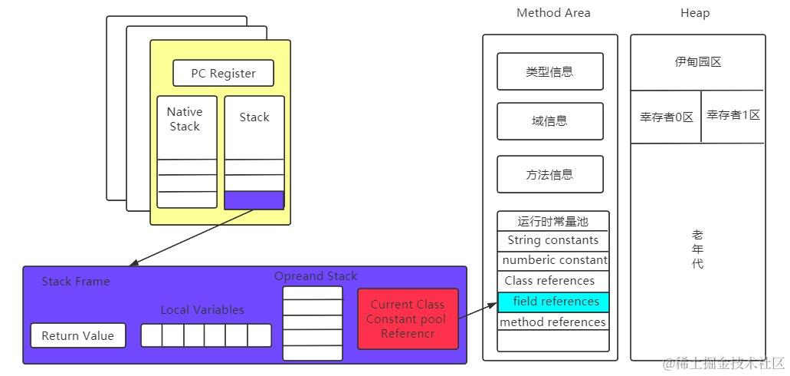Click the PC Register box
pyautogui.click(x=222, y=74)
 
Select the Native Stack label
pyautogui.click(x=185, y=119)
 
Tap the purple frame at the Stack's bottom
pyautogui.click(x=254, y=200)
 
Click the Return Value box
pyautogui.click(x=78, y=335)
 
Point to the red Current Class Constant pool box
pyautogui.click(x=408, y=319)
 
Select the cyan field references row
pyautogui.click(x=553, y=302)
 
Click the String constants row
pyautogui.click(x=553, y=240)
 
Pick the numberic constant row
pyautogui.click(x=553, y=260)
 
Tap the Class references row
pyautogui.click(x=550, y=281)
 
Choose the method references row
pyautogui.click(x=553, y=322)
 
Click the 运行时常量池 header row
pyautogui.click(x=553, y=221)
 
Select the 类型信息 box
pyautogui.click(x=550, y=71)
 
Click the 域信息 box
pyautogui.click(x=550, y=121)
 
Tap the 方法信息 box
pyautogui.click(x=550, y=174)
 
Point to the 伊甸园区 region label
pyautogui.click(x=697, y=62)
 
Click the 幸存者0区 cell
pyautogui.click(x=666, y=117)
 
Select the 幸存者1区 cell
pyautogui.click(x=733, y=115)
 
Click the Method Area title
pyautogui.click(x=553, y=13)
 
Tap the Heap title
pyautogui.click(x=695, y=13)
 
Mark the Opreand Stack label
pyautogui.click(x=316, y=276)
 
